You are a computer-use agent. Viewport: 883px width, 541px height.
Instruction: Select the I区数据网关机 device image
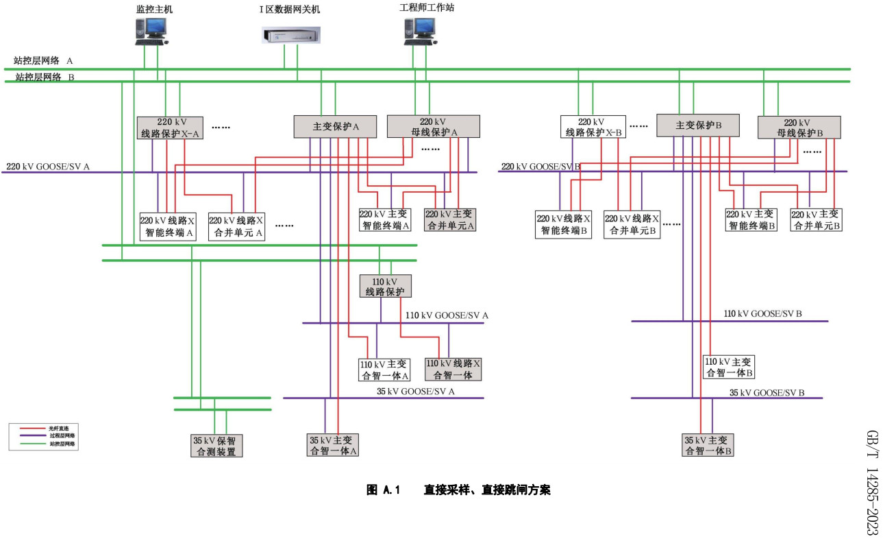pos(291,35)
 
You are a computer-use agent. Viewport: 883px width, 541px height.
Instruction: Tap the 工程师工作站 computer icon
pos(419,32)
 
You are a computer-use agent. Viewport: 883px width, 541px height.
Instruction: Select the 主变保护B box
pos(699,125)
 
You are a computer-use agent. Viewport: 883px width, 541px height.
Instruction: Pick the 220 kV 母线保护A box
pos(434,126)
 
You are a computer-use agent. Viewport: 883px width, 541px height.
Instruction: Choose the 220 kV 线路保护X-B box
pos(593,127)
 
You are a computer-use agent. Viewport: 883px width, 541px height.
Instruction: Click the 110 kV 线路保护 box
pos(386,286)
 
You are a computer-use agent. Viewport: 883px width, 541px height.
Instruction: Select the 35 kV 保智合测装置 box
pos(217,446)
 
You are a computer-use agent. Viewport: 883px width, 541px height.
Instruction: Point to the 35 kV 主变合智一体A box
pos(332,445)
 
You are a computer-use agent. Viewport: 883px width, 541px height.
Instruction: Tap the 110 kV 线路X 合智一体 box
pos(453,369)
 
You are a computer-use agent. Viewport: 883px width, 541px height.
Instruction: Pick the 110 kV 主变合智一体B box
pos(729,368)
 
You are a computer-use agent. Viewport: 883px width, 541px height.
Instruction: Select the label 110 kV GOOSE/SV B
pos(762,313)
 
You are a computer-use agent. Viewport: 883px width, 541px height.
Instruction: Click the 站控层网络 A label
pos(43,61)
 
